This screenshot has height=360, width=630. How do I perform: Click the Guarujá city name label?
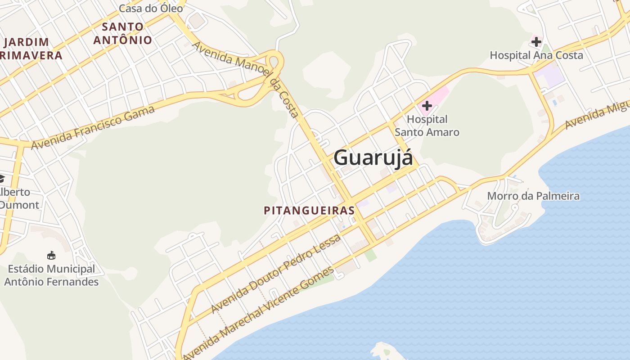(x=373, y=158)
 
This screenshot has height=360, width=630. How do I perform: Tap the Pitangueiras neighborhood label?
(x=309, y=210)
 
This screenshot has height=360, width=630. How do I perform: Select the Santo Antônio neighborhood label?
(x=122, y=33)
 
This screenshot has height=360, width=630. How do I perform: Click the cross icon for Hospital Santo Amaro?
(x=427, y=106)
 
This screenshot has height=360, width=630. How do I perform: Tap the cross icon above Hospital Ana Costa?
(x=536, y=42)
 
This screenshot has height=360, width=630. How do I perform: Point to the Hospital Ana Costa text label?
(x=536, y=55)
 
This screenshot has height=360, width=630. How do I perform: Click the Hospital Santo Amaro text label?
(x=427, y=126)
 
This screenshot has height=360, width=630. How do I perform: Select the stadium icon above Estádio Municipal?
(x=51, y=256)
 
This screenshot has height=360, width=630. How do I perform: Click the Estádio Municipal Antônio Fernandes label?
(x=51, y=275)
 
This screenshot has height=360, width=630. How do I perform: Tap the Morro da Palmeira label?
(x=533, y=196)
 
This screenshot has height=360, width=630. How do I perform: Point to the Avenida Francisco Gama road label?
(x=93, y=127)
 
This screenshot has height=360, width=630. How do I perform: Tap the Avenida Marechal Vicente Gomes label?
(x=259, y=313)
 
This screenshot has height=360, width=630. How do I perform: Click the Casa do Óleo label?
(x=151, y=8)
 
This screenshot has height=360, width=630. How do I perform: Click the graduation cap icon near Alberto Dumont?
(x=1, y=179)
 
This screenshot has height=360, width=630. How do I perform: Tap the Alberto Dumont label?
(x=18, y=198)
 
